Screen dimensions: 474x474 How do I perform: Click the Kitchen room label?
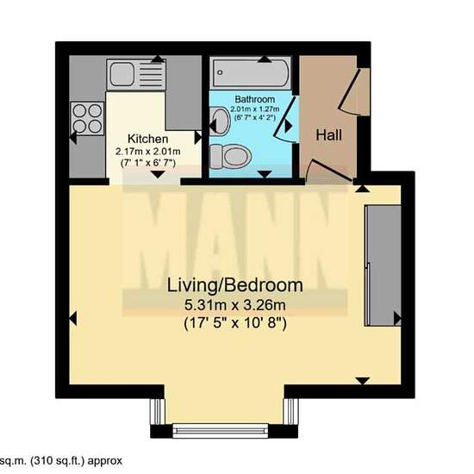tap(148, 139)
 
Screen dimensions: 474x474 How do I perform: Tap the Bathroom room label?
tap(255, 99)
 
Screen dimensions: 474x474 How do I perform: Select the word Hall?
tap(329, 134)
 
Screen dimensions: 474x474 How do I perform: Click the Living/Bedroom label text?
tap(235, 285)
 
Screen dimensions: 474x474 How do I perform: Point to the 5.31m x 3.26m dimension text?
tap(235, 305)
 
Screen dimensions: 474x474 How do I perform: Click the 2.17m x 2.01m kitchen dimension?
tap(148, 151)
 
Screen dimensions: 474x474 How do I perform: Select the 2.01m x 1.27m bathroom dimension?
tap(255, 109)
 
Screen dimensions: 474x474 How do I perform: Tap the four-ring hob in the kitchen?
tap(87, 119)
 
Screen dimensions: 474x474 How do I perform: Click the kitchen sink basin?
tap(122, 74)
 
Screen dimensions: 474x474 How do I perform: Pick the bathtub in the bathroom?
tap(251, 72)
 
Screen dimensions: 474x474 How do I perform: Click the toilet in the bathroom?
tap(230, 156)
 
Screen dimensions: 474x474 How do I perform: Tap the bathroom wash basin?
tap(220, 122)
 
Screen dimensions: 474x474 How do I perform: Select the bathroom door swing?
tap(285, 120)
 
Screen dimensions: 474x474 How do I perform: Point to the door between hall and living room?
tap(329, 172)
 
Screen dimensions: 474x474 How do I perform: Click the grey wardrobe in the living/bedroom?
tap(383, 265)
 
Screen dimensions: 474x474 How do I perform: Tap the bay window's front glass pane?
tap(221, 431)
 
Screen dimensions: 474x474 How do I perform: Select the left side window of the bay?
tap(158, 411)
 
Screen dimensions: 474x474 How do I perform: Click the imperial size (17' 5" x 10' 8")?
tap(235, 324)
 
